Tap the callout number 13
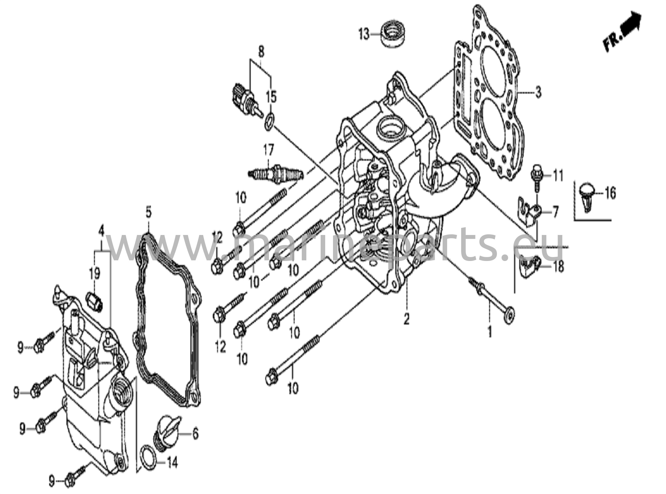(365, 34)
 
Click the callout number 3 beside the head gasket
(539, 93)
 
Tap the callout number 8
(261, 51)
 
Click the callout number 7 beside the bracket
(555, 213)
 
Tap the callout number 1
(489, 332)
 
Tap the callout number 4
(101, 231)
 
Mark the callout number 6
(195, 434)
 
